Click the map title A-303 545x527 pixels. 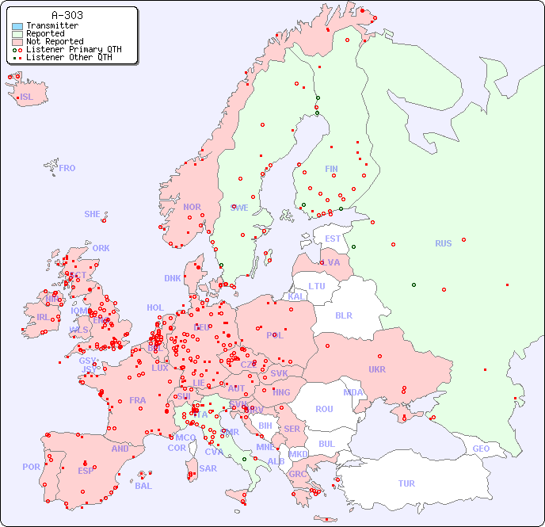pos(67,15)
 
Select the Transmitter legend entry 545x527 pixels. pos(51,25)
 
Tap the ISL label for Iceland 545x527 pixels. pos(27,97)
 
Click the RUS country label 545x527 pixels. pos(443,243)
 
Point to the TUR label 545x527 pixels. pos(406,483)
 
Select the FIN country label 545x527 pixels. pos(331,169)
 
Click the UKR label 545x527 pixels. pos(377,369)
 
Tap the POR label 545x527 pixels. pos(31,467)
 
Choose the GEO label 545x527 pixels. pos(481,449)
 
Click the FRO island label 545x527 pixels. pos(67,168)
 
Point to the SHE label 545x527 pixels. pos(93,214)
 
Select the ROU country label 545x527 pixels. pos(324,409)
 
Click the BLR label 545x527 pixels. pos(344,315)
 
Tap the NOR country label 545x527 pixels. pos(192,207)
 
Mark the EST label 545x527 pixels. pos(333,239)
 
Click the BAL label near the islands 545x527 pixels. pos(143,486)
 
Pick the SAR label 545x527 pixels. pos(208,468)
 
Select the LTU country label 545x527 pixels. pos(317,286)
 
